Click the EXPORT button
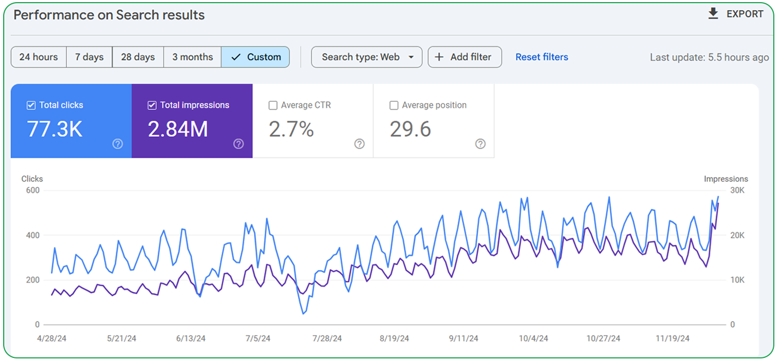736,14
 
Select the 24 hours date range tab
38,57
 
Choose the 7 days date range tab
89,57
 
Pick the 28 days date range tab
138,57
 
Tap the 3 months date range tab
193,57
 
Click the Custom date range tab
256,57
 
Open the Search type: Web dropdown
366,57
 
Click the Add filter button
464,57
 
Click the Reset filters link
542,57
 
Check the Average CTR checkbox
273,106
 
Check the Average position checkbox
394,106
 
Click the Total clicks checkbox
31,106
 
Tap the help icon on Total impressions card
239,144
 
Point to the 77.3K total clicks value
55,129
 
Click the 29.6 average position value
410,129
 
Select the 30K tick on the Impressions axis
737,190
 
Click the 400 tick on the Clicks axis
32,235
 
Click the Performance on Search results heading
109,15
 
